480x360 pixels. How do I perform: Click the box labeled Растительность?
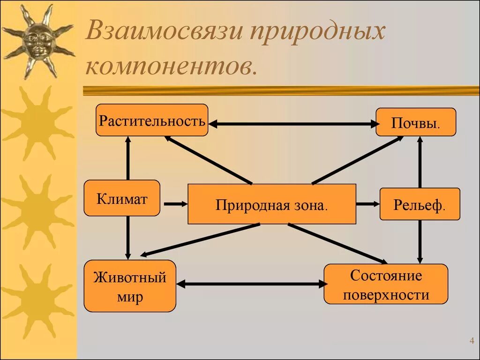point(152,120)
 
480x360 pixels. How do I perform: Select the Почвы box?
point(416,122)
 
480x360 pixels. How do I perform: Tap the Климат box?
point(122,198)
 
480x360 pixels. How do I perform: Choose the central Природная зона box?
point(271,204)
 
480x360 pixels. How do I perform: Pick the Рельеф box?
point(420,204)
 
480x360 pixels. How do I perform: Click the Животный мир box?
point(130,286)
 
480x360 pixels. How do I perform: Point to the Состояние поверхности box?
point(386,284)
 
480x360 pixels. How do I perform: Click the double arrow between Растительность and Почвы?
point(293,124)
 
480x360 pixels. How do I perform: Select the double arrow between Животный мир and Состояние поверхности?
point(251,284)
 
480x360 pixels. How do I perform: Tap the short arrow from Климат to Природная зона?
point(175,204)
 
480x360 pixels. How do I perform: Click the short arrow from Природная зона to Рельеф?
point(367,204)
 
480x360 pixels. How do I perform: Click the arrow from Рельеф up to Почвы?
point(420,162)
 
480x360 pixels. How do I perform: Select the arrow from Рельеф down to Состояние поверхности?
point(420,241)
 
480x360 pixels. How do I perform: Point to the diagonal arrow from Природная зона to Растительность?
point(209,159)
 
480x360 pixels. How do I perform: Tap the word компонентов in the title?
point(171,67)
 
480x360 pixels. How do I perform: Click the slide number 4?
point(471,341)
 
